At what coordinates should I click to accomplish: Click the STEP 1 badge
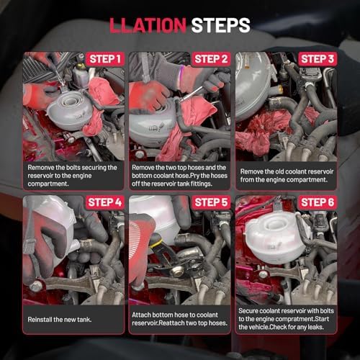click(105, 59)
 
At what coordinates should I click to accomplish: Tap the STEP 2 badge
click(211, 59)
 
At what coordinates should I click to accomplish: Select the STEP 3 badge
click(318, 59)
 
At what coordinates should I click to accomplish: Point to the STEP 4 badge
click(105, 202)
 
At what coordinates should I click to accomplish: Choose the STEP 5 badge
click(211, 202)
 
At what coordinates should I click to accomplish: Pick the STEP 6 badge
click(318, 202)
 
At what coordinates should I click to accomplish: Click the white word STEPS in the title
click(220, 25)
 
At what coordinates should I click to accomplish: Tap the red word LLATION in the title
click(148, 25)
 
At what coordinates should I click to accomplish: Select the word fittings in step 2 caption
click(201, 184)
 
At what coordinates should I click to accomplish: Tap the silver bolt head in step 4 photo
click(36, 287)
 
